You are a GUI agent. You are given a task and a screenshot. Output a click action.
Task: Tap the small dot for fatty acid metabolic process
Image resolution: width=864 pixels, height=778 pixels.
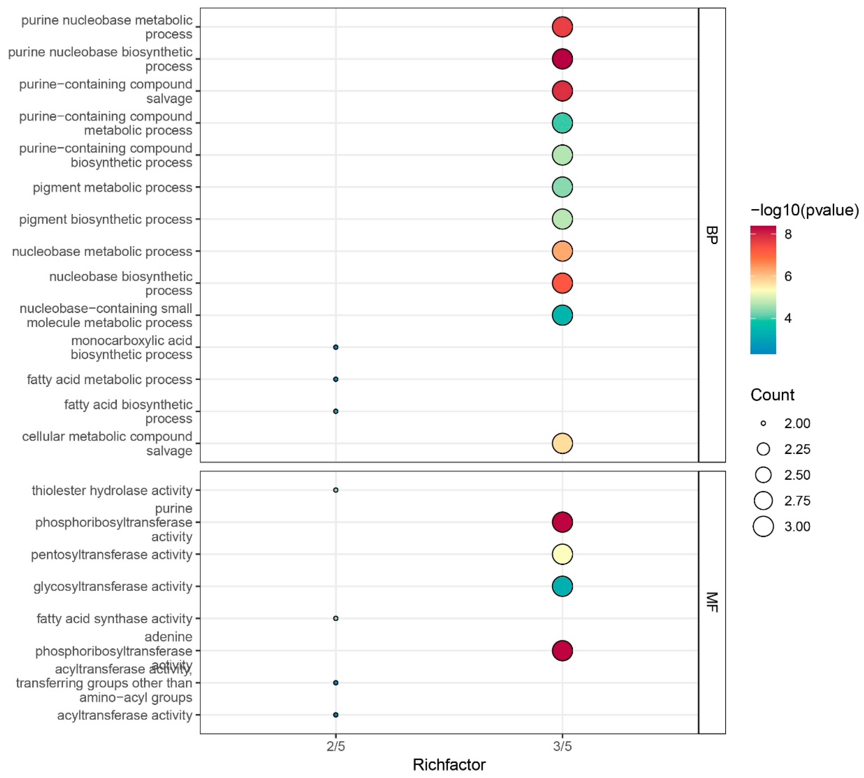pos(335,379)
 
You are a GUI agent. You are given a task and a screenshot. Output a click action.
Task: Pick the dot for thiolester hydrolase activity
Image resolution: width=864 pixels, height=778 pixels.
pos(335,490)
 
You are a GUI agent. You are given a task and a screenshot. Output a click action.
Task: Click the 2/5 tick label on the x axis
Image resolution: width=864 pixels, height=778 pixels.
pos(335,746)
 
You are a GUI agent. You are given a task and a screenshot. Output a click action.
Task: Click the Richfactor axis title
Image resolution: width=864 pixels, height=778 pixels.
pos(449,765)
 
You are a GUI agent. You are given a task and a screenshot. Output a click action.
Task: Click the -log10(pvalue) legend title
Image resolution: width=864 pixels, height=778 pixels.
pos(805,210)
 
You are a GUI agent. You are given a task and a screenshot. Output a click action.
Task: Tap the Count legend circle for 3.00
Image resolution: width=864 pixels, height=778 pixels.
pos(763,526)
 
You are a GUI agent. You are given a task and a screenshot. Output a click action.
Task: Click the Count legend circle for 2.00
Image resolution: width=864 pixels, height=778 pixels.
pos(763,424)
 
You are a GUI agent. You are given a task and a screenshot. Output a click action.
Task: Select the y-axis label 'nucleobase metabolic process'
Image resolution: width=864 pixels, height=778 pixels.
pos(102,251)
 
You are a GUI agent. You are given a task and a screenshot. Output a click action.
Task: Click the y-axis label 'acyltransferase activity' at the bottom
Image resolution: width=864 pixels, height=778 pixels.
pos(124,715)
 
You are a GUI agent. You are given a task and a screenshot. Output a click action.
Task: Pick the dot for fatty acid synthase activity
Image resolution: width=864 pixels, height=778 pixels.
pos(335,618)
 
